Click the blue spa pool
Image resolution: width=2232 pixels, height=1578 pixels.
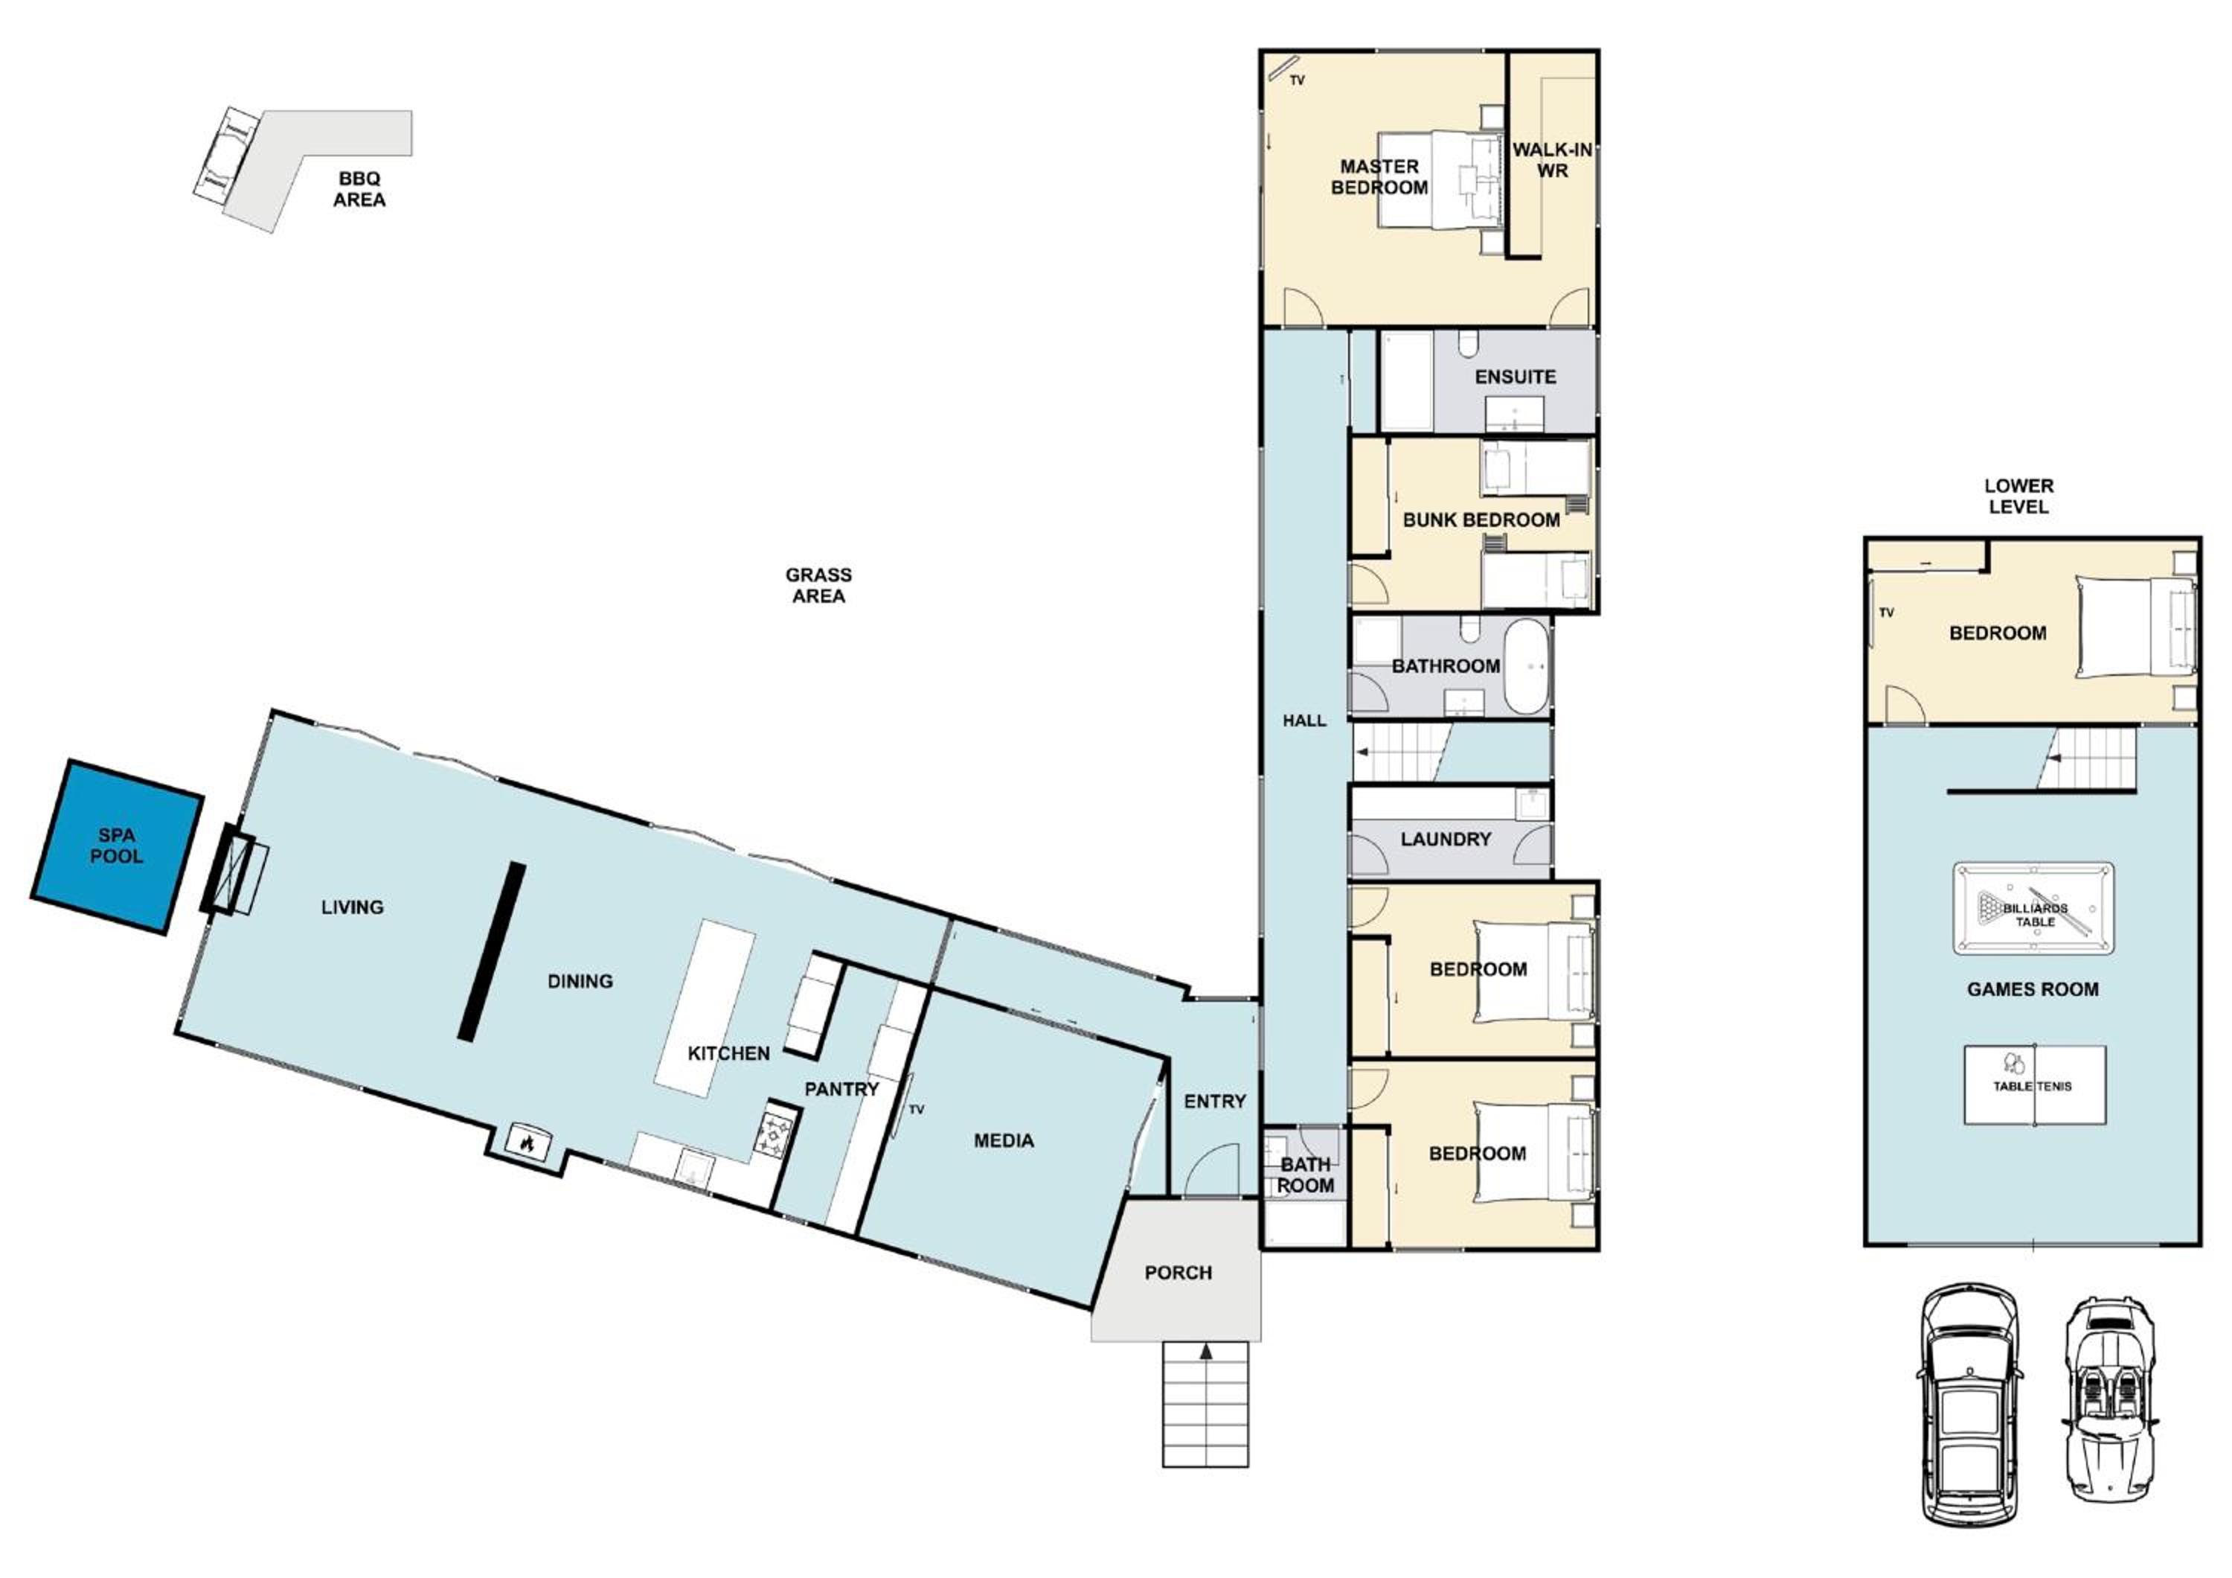tap(118, 847)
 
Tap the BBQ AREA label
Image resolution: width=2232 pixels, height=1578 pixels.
tap(359, 188)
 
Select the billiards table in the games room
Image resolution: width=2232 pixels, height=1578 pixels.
tap(2033, 908)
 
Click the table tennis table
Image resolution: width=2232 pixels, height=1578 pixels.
tap(2035, 1085)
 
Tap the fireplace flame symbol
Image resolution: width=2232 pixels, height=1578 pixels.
tap(527, 1143)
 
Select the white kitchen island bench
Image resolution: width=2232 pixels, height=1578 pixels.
tap(705, 1009)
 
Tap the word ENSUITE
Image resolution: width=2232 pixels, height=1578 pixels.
tap(1515, 377)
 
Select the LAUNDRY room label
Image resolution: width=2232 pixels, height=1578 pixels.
tap(1446, 839)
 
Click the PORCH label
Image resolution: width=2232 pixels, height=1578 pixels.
tap(1178, 1273)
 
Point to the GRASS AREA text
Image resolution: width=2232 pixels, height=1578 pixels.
tap(818, 585)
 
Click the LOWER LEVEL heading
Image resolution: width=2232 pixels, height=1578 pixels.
tap(2019, 496)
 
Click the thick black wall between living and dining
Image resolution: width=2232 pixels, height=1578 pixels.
tap(492, 952)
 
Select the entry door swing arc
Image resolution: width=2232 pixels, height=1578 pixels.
tap(1213, 1165)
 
